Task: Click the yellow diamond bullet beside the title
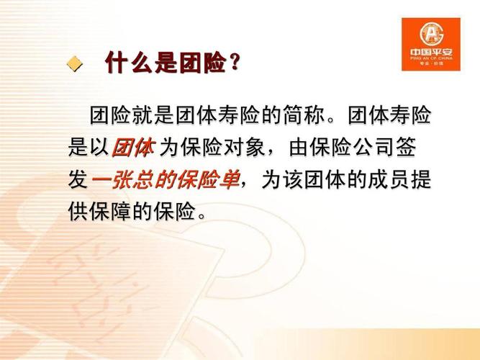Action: [x=75, y=64]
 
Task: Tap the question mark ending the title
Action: [x=234, y=62]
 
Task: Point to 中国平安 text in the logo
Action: [x=431, y=52]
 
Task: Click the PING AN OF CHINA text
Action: [x=431, y=58]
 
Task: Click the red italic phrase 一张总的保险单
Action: [x=166, y=179]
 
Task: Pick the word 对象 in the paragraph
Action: [x=245, y=148]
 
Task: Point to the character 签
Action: [x=406, y=148]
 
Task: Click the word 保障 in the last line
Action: [x=111, y=211]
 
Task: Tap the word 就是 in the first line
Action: [x=153, y=116]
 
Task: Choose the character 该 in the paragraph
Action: [x=292, y=179]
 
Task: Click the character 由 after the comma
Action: [x=299, y=148]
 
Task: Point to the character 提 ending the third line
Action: [x=421, y=179]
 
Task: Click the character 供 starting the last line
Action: [x=78, y=211]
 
